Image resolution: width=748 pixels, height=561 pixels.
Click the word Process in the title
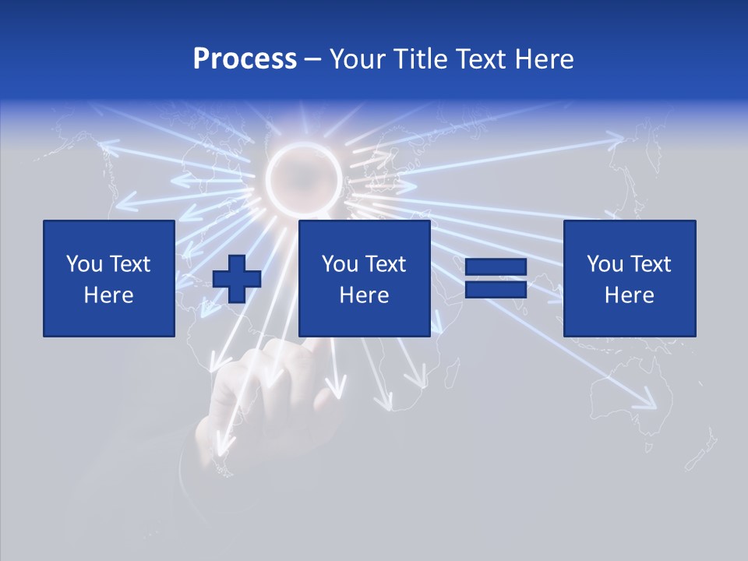[x=245, y=59]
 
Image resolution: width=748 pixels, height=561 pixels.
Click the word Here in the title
[x=543, y=59]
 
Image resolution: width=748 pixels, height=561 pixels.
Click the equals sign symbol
[x=496, y=278]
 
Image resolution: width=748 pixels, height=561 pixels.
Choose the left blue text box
[x=109, y=278]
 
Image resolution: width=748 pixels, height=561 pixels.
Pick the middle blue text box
[x=365, y=278]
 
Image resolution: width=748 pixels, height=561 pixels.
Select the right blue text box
[x=630, y=278]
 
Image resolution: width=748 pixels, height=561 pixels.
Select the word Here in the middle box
[x=365, y=295]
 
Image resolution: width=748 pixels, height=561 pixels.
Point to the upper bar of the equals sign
[x=496, y=267]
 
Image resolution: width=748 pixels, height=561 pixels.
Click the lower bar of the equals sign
[x=496, y=289]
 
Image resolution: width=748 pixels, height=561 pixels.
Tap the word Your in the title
[x=357, y=59]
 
